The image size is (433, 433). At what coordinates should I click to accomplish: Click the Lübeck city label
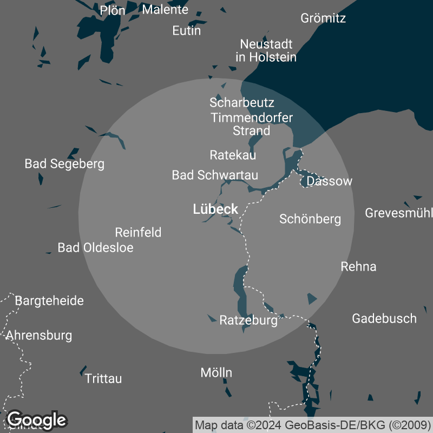coord(215,209)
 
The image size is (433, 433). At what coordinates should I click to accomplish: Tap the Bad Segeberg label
coord(64,163)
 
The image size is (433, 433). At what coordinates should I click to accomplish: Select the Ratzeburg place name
coord(248,320)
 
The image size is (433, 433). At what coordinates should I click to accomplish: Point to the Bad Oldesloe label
coord(95,248)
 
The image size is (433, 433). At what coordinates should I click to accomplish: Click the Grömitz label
coord(323,18)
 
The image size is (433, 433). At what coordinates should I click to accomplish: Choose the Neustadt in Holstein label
coord(266,50)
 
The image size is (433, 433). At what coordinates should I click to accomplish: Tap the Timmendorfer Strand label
coord(252,124)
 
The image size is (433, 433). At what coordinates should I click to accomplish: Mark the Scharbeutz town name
coord(242,102)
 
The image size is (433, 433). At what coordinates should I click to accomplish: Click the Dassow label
coord(329,181)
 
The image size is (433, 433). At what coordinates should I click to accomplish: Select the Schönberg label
coord(310,219)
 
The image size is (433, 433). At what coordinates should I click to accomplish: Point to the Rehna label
coord(358,266)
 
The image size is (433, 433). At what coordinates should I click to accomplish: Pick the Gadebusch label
coord(384,318)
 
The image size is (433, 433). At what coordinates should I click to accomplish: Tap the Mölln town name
coord(216,372)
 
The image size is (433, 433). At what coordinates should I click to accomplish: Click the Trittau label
coord(103,379)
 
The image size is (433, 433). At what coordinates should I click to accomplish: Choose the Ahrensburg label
coord(39,336)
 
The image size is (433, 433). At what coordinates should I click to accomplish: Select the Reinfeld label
coord(138,233)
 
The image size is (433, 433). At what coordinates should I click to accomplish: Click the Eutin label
coord(186,31)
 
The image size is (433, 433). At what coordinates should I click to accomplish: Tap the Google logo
coord(36,419)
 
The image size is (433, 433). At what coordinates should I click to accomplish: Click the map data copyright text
coord(312,425)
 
